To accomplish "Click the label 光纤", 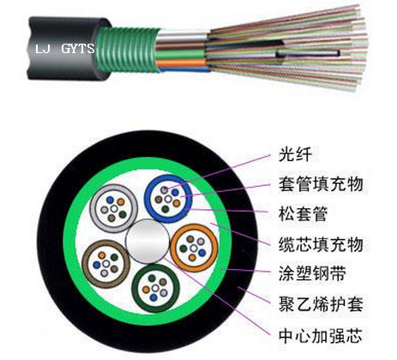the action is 295,155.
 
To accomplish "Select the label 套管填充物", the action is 321,183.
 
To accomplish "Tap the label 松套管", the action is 303,214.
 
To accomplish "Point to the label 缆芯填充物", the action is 321,244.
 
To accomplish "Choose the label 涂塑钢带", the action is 312,273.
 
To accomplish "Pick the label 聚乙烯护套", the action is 321,304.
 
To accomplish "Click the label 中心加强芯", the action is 321,336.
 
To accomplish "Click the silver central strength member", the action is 147,241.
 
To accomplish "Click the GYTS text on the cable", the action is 78,49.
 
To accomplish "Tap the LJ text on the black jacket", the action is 43,49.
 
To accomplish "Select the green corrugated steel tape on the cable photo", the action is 127,49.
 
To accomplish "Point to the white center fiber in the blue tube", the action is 168,199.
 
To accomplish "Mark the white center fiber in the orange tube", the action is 194,248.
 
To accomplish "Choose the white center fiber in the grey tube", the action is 114,209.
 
